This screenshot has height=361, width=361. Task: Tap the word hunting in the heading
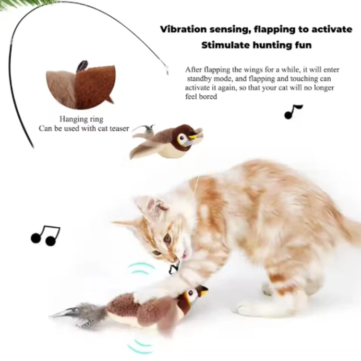click(x=269, y=47)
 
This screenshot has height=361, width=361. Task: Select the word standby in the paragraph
click(x=200, y=79)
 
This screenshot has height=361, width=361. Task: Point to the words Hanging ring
click(x=81, y=119)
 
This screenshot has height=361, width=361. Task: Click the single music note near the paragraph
click(x=293, y=112)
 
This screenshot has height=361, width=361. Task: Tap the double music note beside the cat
click(x=46, y=235)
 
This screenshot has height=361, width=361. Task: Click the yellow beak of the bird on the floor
click(x=204, y=290)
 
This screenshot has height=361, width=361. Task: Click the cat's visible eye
click(x=167, y=238)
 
